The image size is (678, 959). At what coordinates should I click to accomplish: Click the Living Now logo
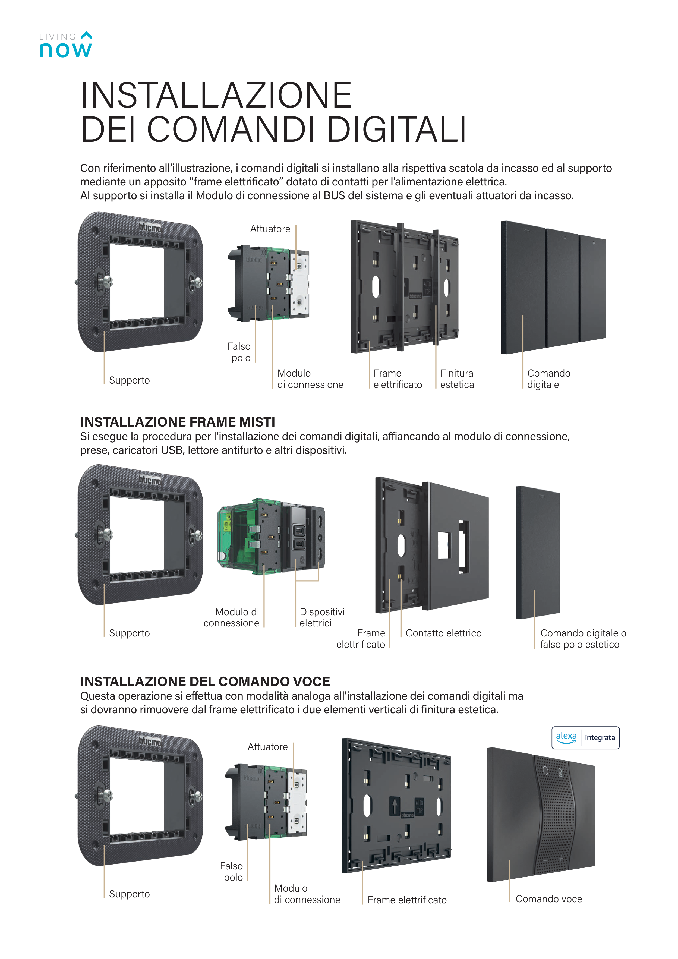66,45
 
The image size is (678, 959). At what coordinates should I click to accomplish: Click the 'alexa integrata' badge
585,738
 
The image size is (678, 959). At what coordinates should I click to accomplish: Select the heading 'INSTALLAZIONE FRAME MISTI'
178,422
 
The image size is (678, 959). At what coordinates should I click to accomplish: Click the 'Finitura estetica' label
457,379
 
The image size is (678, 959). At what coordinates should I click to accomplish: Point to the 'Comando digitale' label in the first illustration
548,379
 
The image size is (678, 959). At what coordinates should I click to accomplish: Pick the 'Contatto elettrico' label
443,633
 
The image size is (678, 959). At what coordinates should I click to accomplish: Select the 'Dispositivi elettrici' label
322,617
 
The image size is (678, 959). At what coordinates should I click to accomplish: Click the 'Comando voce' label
548,899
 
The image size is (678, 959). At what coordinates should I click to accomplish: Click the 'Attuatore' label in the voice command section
267,747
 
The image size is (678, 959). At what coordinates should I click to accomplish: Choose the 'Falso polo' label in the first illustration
239,352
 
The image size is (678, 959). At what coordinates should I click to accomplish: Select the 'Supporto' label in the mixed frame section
129,633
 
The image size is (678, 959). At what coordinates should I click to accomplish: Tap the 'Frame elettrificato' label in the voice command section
407,900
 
